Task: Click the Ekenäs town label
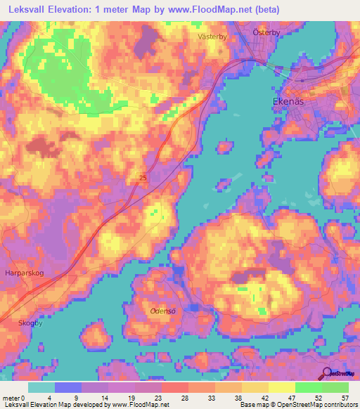pyautogui.click(x=288, y=101)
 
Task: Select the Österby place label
pyautogui.click(x=267, y=32)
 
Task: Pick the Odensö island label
pyautogui.click(x=163, y=310)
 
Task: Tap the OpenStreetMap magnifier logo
pyautogui.click(x=326, y=373)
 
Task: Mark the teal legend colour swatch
pyautogui.click(x=41, y=387)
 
